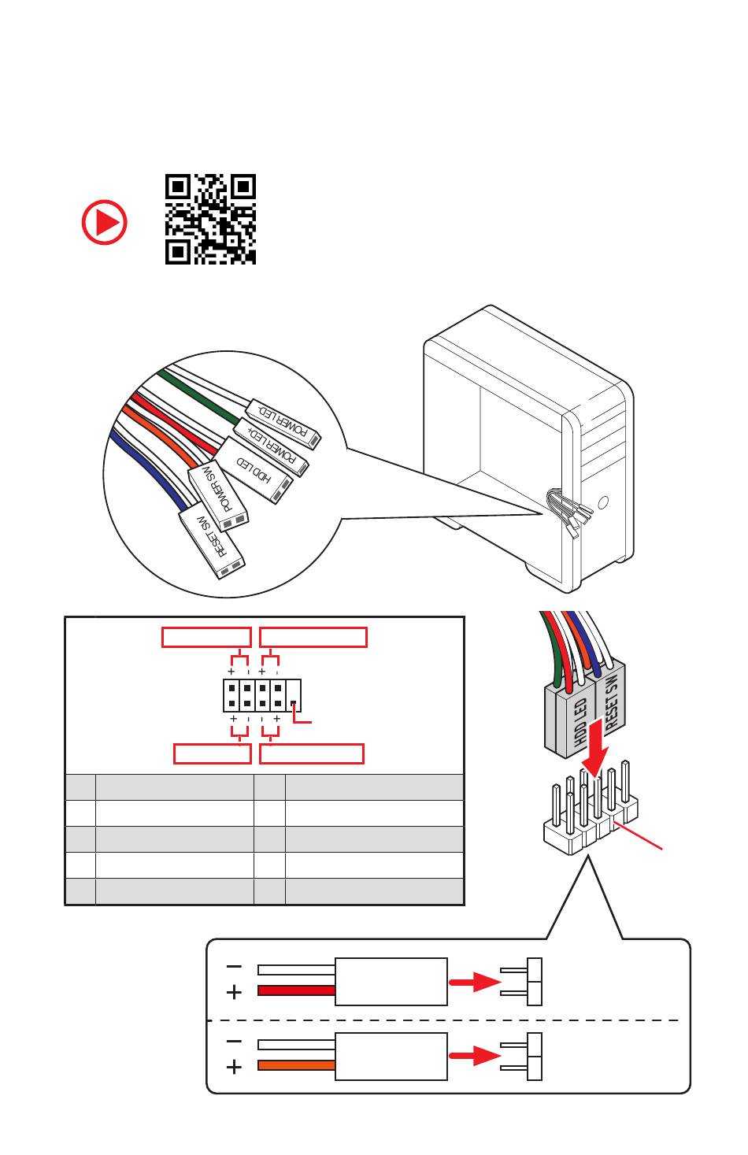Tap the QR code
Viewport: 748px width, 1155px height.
pos(210,219)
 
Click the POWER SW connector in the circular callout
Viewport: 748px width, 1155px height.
pos(218,495)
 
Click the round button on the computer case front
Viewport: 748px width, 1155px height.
pos(604,502)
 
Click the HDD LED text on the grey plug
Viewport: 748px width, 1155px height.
pos(581,723)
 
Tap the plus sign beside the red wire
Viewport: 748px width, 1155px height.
pos(234,993)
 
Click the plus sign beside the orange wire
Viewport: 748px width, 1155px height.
pos(234,1068)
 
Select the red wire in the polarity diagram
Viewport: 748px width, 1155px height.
pos(296,990)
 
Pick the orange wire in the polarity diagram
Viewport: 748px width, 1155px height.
pos(296,1065)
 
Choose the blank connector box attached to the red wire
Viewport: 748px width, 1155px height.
pos(391,981)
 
